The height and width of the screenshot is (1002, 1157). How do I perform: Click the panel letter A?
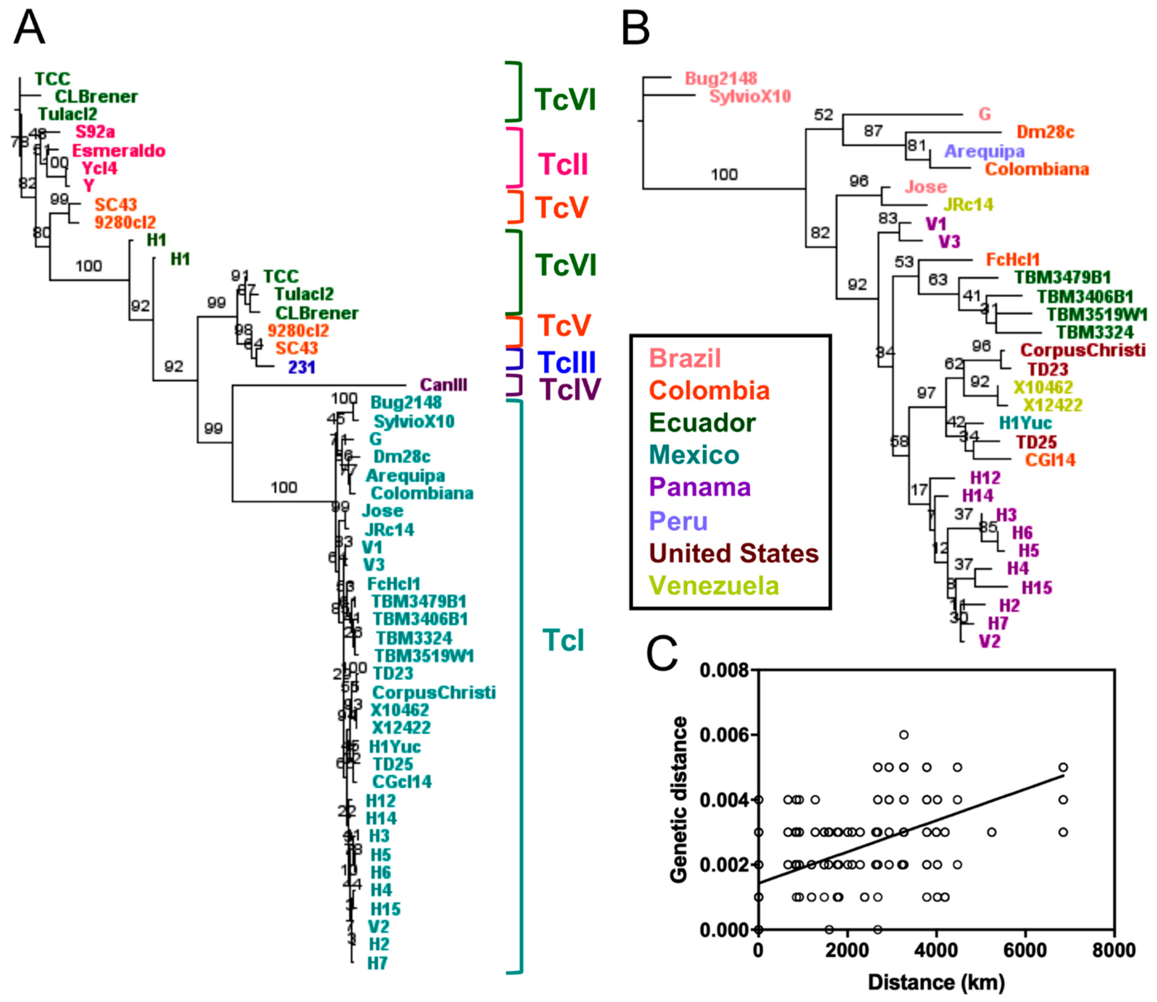[x=29, y=28]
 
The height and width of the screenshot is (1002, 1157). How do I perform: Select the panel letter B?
[x=636, y=28]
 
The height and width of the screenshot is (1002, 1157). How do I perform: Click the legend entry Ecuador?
[x=702, y=422]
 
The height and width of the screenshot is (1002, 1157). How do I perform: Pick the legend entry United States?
[x=734, y=553]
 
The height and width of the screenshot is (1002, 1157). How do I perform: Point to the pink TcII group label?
[x=563, y=165]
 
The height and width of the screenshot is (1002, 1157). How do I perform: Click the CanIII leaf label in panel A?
[x=443, y=385]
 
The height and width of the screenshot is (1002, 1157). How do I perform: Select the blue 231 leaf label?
[x=301, y=367]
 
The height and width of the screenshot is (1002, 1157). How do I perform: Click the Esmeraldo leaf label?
[x=119, y=151]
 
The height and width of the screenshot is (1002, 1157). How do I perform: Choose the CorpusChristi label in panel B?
[x=1082, y=350]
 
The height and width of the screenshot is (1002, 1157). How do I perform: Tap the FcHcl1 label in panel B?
[x=1013, y=260]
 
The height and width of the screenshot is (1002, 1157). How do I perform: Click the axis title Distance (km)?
[x=936, y=982]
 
